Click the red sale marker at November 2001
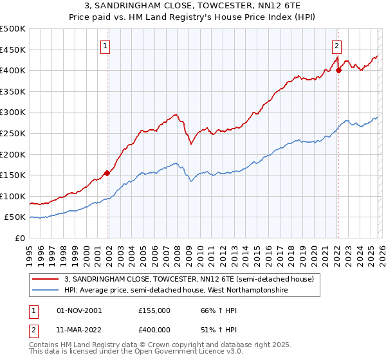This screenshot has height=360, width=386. tap(107, 172)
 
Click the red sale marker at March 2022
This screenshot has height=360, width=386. tap(338, 70)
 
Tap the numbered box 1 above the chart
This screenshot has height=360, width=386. tap(105, 46)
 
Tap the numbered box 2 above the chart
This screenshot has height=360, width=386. tap(336, 46)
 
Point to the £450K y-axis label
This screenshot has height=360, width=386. tap(13, 50)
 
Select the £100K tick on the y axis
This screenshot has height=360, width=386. tap(13, 196)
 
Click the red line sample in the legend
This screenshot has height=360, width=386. tap(46, 279)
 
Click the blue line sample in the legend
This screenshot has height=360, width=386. tap(46, 291)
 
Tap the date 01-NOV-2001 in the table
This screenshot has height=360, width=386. tap(79, 310)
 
